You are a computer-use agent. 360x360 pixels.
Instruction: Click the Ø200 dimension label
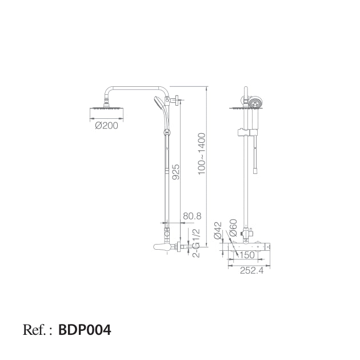click(107, 126)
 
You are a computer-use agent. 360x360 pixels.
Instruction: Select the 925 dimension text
click(175, 172)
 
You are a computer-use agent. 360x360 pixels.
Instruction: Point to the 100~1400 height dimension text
click(202, 154)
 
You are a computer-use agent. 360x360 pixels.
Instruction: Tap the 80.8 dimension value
click(191, 217)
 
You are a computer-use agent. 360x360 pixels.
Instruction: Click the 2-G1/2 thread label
click(196, 243)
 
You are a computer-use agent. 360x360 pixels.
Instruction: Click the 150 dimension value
click(247, 255)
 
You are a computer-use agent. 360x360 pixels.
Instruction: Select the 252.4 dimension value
click(251, 271)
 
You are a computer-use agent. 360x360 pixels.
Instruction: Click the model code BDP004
click(85, 330)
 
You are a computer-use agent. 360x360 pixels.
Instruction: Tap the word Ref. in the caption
click(35, 330)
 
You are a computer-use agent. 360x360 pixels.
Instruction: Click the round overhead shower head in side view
click(107, 109)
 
